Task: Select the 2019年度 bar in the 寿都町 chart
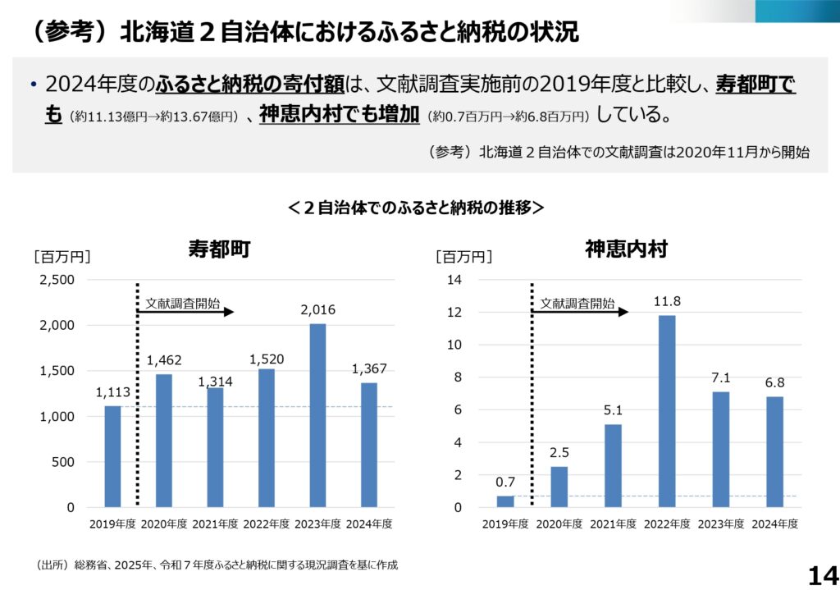point(112,456)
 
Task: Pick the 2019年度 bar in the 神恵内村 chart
point(505,501)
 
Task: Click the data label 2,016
point(317,310)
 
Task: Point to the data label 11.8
point(667,301)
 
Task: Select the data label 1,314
point(215,382)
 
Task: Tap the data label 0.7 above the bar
point(505,482)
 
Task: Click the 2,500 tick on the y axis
point(57,280)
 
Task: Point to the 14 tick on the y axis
point(455,280)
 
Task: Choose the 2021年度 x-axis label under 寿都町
point(215,524)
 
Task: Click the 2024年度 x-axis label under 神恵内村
point(774,524)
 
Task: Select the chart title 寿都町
point(218,249)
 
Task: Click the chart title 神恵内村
point(627,249)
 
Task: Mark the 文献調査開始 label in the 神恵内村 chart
point(577,304)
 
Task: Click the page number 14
point(822,575)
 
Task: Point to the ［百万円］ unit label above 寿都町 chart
point(62,257)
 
